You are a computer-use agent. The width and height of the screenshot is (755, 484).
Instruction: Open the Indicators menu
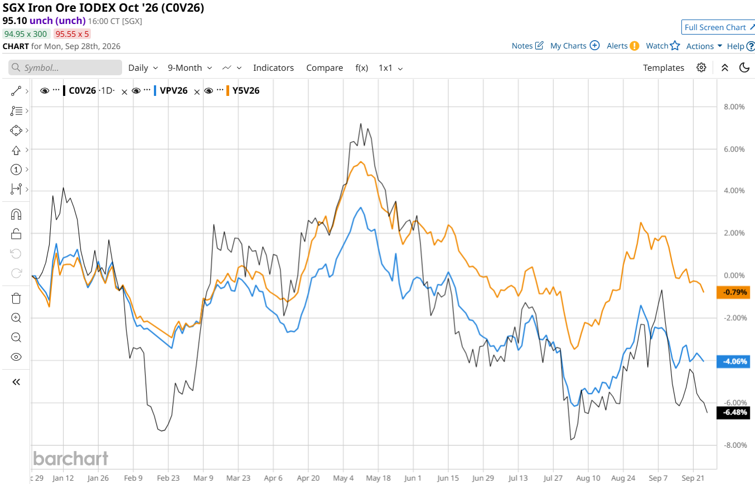click(273, 67)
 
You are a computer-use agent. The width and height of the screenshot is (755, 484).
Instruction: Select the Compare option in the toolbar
click(324, 67)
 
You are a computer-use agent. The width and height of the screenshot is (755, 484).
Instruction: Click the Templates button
click(664, 67)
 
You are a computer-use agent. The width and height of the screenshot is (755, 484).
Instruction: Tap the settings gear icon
click(701, 67)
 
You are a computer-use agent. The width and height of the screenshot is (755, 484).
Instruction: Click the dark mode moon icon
click(744, 67)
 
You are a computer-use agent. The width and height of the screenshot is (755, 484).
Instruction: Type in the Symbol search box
click(65, 67)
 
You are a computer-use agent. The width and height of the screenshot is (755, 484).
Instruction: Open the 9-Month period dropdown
click(190, 67)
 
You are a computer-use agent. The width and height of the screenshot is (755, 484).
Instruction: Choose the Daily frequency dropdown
click(143, 67)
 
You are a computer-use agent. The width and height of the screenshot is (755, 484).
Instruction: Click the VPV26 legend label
click(173, 91)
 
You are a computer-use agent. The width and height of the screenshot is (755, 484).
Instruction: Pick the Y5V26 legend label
click(246, 91)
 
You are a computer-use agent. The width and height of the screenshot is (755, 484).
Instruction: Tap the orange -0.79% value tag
click(733, 292)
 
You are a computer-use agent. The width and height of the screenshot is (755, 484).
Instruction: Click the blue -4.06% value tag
click(733, 362)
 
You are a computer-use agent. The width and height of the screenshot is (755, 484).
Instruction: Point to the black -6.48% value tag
click(733, 413)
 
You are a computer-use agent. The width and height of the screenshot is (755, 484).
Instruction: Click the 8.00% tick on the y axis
click(734, 107)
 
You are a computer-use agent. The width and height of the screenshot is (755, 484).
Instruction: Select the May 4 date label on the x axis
click(343, 478)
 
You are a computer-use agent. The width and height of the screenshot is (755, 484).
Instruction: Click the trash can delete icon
click(16, 299)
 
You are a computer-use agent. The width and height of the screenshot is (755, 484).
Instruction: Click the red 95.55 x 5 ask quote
click(72, 34)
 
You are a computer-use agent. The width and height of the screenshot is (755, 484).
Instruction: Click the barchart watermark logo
click(70, 458)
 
